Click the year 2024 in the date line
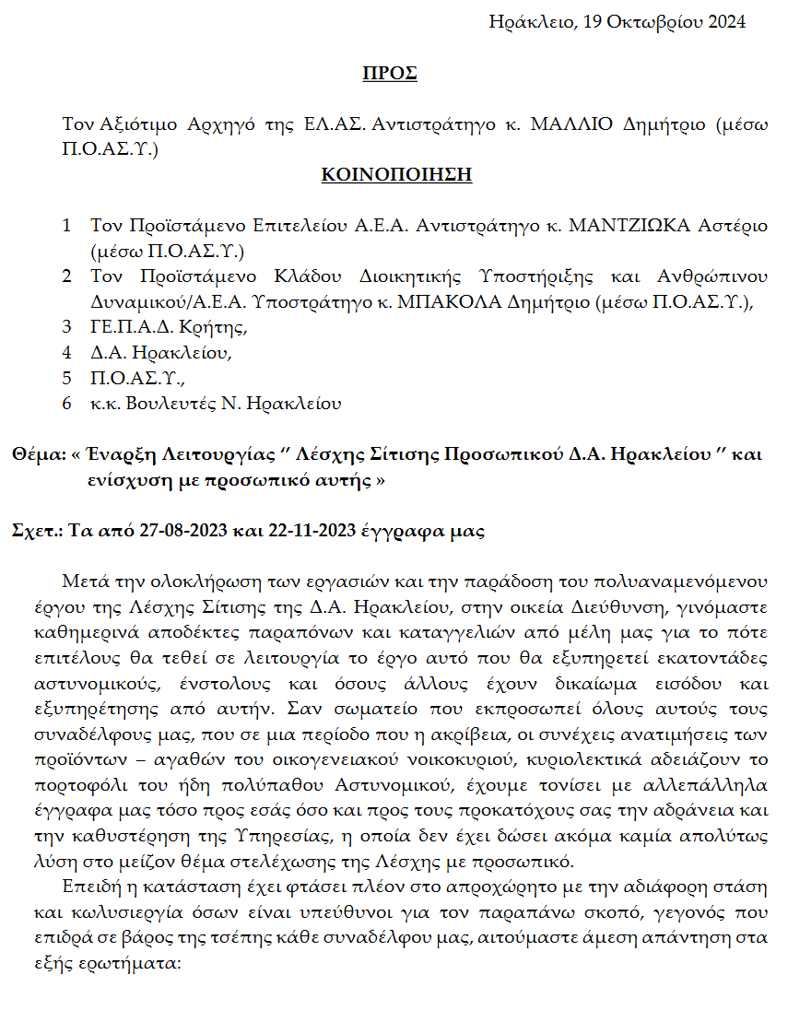(727, 21)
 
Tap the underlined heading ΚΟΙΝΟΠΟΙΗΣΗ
(396, 174)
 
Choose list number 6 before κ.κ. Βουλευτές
(66, 403)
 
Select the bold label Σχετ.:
(36, 532)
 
